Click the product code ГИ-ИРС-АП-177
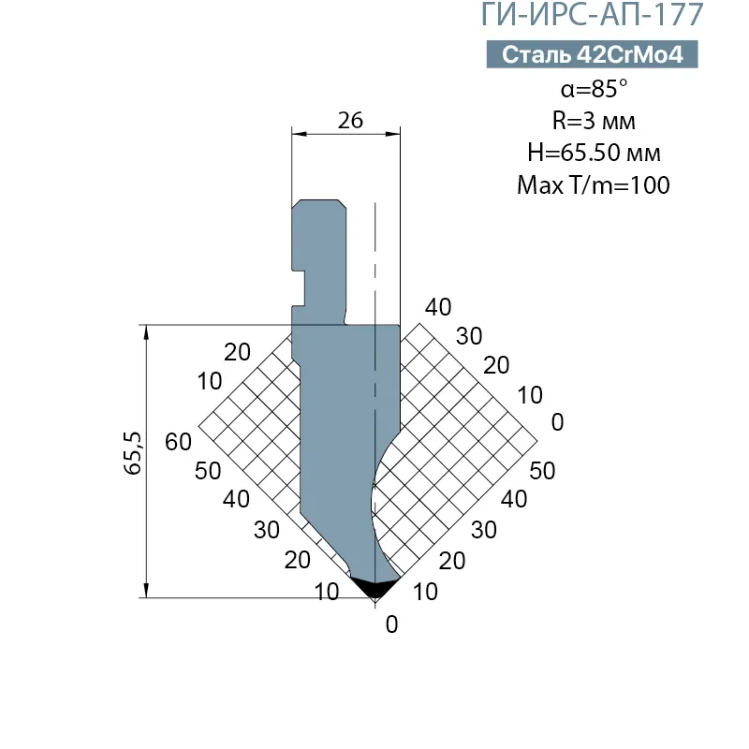point(592,14)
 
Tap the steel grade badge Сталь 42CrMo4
point(593,54)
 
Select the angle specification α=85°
point(594,88)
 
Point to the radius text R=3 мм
point(594,121)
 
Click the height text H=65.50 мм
point(594,153)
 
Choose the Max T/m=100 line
point(594,184)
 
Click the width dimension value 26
point(350,121)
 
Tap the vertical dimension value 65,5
point(133,453)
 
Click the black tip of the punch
point(375,587)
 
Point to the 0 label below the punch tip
point(391,624)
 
